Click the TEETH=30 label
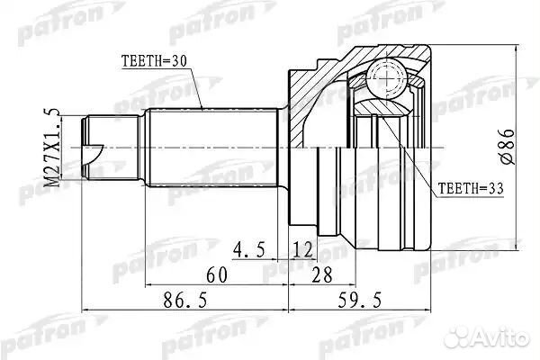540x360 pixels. [x=153, y=62]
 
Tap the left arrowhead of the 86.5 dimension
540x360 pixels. [x=86, y=311]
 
